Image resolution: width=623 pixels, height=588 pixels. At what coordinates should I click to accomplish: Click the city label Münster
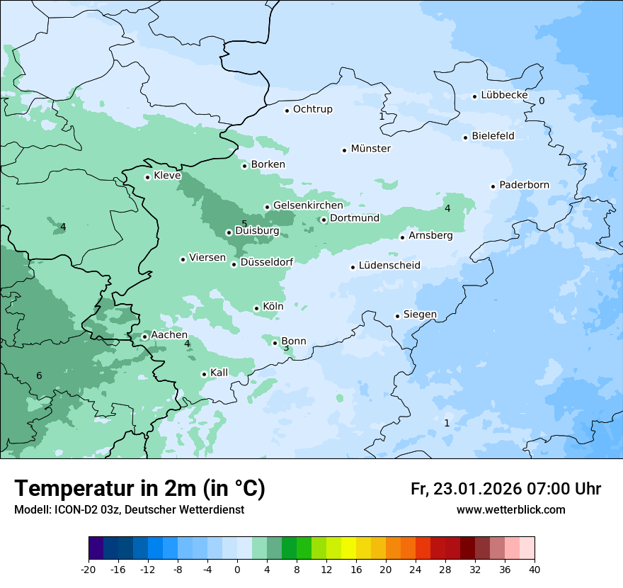coord(370,149)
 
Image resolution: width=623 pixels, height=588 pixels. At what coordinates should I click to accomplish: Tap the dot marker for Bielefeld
coord(466,137)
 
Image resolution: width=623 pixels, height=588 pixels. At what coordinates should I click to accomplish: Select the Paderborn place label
coord(524,185)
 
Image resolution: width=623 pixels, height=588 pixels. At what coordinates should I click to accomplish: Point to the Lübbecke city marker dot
coord(475,96)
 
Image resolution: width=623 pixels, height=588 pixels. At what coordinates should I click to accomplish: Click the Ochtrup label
coord(312,109)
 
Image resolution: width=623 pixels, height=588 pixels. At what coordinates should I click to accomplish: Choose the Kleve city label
coord(167,176)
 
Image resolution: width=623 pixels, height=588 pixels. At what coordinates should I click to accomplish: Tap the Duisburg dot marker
coord(229,232)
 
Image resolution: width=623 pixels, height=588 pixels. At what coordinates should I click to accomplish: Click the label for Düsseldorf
coord(267,263)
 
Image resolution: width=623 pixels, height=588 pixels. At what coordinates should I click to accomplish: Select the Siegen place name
coord(420,315)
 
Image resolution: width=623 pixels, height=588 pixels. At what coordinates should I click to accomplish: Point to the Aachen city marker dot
coord(144,337)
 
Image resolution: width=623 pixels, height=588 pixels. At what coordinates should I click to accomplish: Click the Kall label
coord(219,373)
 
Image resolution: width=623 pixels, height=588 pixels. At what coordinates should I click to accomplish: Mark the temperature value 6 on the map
coord(39,375)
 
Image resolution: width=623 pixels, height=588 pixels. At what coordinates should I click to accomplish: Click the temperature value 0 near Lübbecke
coord(542,101)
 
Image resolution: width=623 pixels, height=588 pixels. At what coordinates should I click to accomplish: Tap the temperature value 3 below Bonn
coord(286,348)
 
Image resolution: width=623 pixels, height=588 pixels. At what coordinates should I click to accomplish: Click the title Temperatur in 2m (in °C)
coord(139,488)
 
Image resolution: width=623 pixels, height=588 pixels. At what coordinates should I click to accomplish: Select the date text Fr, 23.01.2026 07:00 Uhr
coord(505,489)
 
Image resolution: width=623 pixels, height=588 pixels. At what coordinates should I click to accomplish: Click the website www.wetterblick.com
coord(510,509)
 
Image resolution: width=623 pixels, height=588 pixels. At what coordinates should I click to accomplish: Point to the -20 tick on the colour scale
coord(88,570)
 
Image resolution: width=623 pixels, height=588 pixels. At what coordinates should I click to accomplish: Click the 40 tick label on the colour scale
coord(535,570)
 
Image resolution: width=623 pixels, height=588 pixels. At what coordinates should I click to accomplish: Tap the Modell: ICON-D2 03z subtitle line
coord(129,509)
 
